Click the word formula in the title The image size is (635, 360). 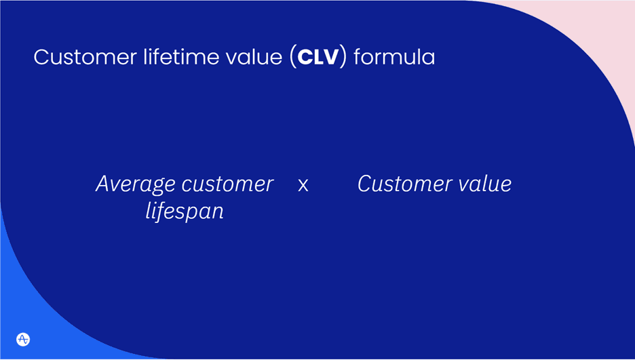393,57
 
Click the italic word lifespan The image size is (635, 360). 185,212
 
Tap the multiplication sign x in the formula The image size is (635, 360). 303,185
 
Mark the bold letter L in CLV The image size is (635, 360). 317,57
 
